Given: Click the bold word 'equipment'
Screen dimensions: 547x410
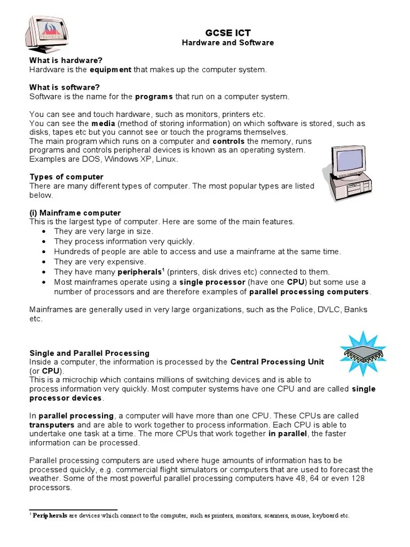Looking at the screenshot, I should [110, 69].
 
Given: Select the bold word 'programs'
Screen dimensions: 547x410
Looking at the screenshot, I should [154, 97].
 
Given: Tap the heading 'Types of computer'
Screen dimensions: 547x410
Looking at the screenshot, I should [66, 177].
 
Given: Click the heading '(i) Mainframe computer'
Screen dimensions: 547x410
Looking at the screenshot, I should [75, 213].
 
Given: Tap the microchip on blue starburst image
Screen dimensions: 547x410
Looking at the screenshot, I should [364, 353].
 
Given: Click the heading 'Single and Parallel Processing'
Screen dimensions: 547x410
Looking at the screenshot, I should [89, 353].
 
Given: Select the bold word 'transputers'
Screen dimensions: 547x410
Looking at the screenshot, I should [52, 425].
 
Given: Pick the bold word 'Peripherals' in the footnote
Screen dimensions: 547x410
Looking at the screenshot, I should [50, 516].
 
